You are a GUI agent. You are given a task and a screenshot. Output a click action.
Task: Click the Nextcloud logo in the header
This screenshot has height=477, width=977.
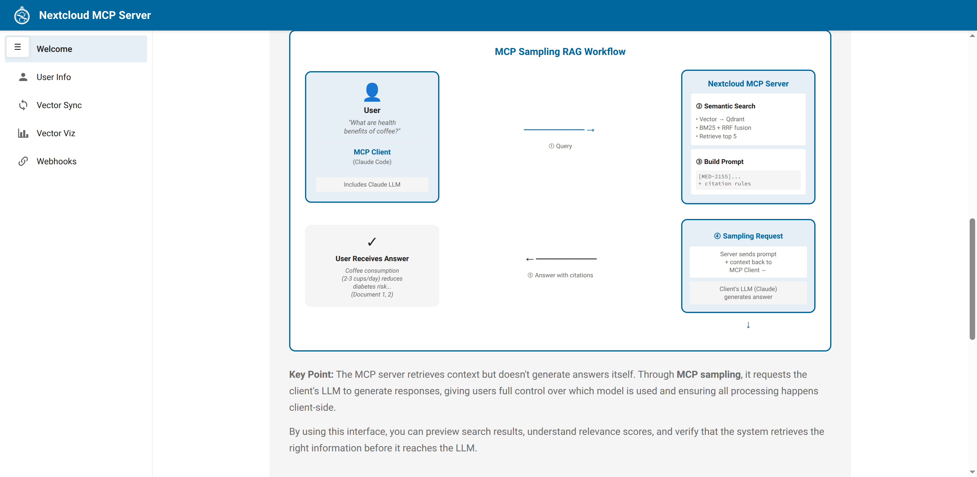pos(22,15)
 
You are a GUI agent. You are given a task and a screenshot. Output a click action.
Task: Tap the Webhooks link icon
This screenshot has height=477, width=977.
pos(23,161)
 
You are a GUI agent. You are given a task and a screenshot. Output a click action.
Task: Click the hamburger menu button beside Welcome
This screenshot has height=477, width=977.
pos(17,47)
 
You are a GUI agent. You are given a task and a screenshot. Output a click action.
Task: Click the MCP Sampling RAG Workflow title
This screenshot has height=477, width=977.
pos(560,52)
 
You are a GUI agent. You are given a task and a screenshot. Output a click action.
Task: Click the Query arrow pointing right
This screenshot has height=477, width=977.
pos(559,130)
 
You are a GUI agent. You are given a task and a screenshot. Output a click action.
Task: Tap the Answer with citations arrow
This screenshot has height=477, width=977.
pos(561,259)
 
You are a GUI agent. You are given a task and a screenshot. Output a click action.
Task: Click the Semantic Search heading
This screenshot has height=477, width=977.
pos(725,106)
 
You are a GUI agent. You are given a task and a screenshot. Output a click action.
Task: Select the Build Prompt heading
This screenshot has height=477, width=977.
pos(720,162)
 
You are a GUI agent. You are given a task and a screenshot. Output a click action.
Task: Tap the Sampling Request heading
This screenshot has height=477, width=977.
pos(748,236)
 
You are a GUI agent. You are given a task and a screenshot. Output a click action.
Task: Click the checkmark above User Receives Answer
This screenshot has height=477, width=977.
pos(372,242)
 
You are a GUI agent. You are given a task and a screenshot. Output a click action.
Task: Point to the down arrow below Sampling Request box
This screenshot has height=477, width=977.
pos(748,325)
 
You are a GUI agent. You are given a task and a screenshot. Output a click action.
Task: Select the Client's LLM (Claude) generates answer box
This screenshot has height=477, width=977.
pos(748,293)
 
